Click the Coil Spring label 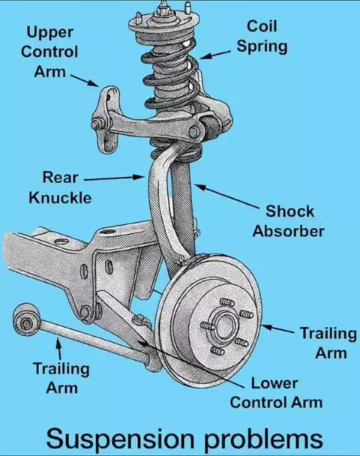pyautogui.click(x=262, y=36)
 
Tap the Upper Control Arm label pyautogui.click(x=49, y=52)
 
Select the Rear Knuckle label pyautogui.click(x=60, y=187)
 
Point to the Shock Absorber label pyautogui.click(x=288, y=221)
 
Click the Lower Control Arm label pyautogui.click(x=276, y=392)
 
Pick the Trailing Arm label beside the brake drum pyautogui.click(x=328, y=343)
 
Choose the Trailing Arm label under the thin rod pyautogui.click(x=61, y=378)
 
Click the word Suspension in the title pyautogui.click(x=119, y=439)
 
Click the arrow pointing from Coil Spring pyautogui.click(x=215, y=55)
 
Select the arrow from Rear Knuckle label pyautogui.click(x=114, y=178)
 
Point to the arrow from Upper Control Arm pyautogui.click(x=84, y=80)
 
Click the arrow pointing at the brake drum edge pyautogui.click(x=277, y=328)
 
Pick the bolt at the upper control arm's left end pyautogui.click(x=96, y=125)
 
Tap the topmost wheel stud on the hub pyautogui.click(x=227, y=302)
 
